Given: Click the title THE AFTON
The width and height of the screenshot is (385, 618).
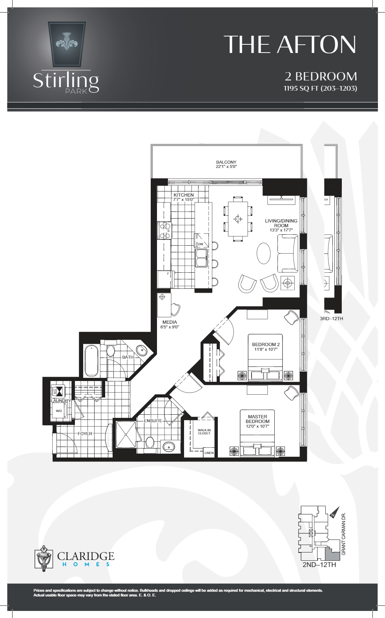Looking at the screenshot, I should [x=290, y=44].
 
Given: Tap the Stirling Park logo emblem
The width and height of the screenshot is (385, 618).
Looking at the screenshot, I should [x=67, y=44].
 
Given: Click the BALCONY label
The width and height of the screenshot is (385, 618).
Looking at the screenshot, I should [x=226, y=162].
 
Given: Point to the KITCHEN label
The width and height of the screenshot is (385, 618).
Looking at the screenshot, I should [x=183, y=195].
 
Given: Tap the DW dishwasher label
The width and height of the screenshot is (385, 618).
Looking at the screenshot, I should [x=201, y=244].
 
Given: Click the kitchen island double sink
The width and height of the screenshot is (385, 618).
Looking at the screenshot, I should [x=201, y=257].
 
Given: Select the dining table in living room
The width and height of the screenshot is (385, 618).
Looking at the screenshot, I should [x=238, y=219].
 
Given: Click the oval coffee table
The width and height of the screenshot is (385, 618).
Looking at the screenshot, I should [x=264, y=253].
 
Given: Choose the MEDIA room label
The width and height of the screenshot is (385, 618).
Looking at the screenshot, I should [x=170, y=322].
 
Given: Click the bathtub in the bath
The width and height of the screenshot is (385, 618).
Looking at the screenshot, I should [x=92, y=360].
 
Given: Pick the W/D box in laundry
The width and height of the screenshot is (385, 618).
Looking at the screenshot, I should [x=59, y=411].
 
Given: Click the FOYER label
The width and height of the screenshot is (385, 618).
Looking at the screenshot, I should [x=85, y=434].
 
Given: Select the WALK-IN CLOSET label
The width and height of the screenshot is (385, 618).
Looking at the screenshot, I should [x=204, y=432].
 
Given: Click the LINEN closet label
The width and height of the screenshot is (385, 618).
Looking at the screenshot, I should [x=209, y=453].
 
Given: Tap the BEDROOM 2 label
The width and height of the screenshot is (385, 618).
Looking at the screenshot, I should [x=266, y=345].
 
